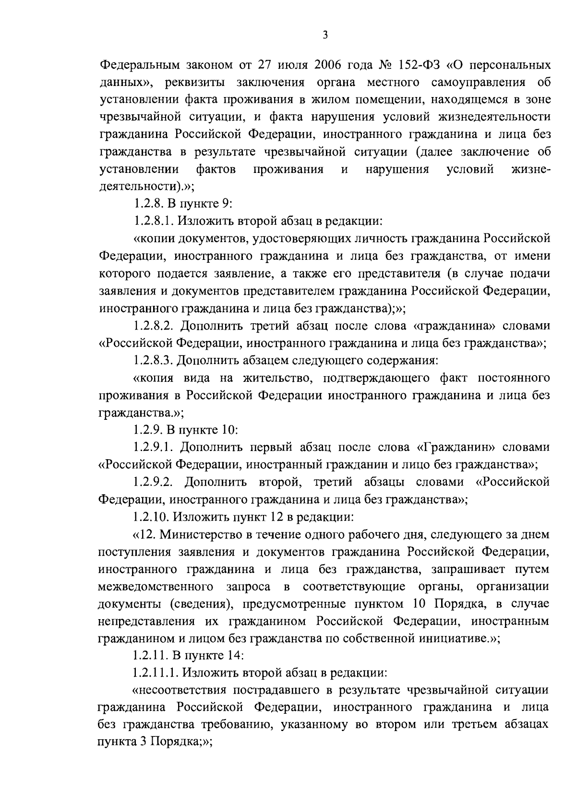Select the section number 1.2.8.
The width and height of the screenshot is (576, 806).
click(148, 204)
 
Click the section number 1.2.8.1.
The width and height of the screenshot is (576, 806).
click(155, 221)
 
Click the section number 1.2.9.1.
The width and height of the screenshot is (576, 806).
click(155, 447)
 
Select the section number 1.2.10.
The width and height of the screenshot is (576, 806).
click(151, 516)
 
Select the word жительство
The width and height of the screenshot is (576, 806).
click(278, 378)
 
